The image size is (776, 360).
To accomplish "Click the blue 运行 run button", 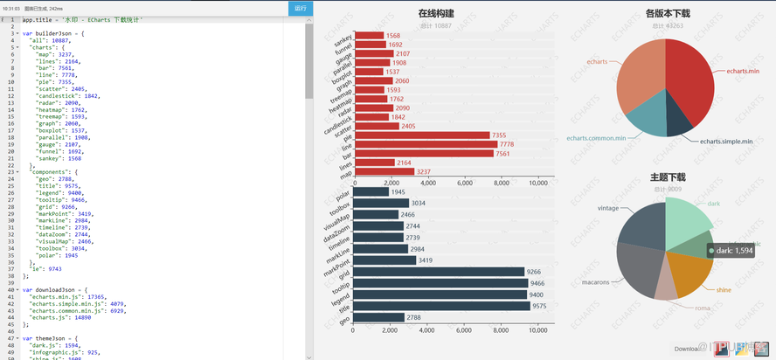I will [x=301, y=8].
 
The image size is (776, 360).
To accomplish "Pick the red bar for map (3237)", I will [x=384, y=172].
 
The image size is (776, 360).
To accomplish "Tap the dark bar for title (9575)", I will [x=442, y=306].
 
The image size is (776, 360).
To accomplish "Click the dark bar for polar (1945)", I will [x=371, y=192].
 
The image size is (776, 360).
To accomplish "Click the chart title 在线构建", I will [x=435, y=13].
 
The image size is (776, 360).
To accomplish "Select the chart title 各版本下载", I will [x=668, y=13].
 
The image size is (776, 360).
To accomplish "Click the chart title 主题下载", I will [x=668, y=177].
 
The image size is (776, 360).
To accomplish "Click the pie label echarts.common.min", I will [x=596, y=138].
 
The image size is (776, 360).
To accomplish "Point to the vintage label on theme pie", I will [x=608, y=208].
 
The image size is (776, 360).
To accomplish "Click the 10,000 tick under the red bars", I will [x=538, y=183].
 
